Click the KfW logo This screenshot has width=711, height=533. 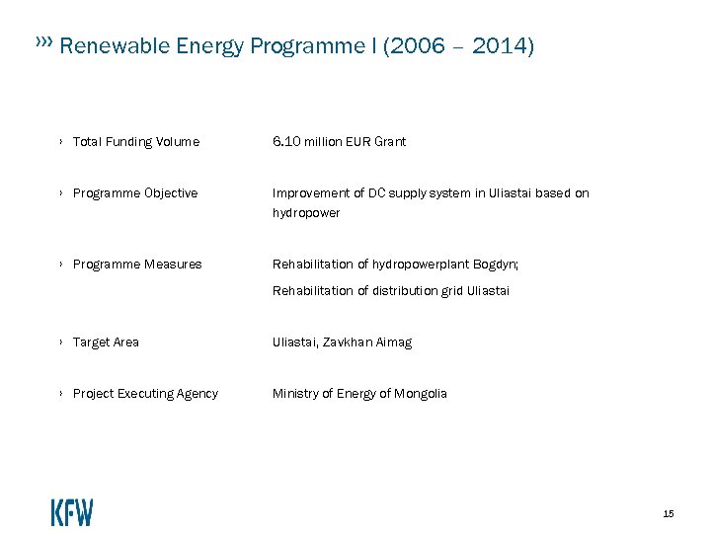[x=72, y=512]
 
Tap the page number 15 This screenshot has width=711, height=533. [x=669, y=513]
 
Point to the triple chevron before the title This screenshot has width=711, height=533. [x=43, y=43]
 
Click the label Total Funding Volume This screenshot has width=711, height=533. [x=135, y=142]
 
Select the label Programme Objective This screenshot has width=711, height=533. [x=134, y=193]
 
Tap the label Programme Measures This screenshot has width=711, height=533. [x=136, y=265]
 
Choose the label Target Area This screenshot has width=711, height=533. [x=106, y=343]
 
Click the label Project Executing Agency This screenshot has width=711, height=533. [x=145, y=394]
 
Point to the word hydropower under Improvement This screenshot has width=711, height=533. [x=306, y=213]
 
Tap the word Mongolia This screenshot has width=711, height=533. [x=421, y=394]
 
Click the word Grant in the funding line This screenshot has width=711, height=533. [x=389, y=142]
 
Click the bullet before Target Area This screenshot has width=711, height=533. [x=61, y=343]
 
